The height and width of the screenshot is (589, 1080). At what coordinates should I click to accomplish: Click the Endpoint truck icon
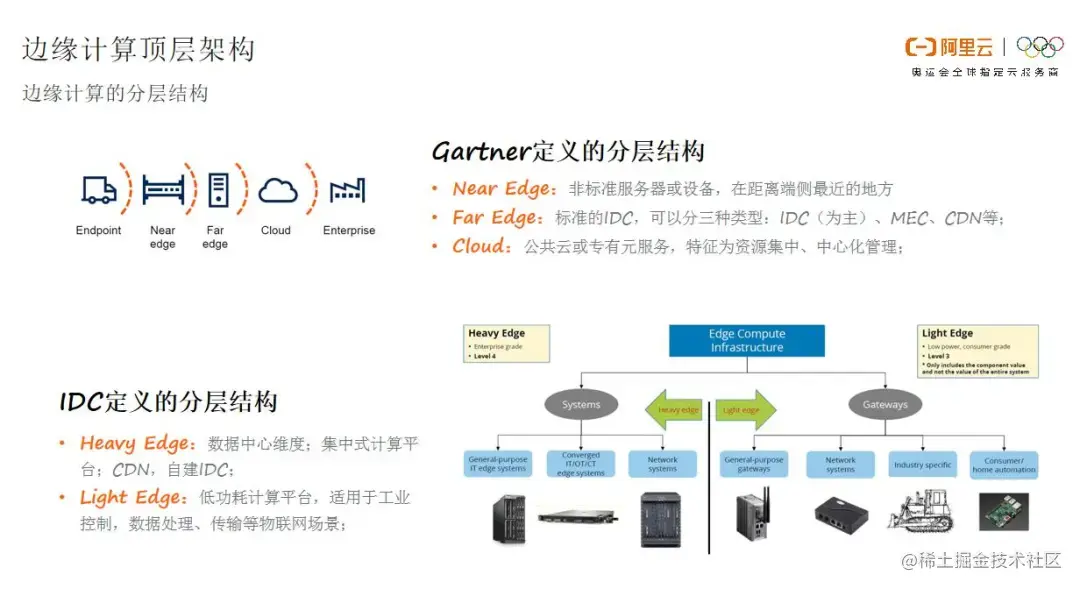98,190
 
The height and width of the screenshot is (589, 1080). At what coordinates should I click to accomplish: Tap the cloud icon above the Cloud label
277,190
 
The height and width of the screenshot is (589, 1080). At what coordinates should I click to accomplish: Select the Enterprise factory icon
347,190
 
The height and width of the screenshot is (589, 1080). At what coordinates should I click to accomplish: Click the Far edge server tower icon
216,189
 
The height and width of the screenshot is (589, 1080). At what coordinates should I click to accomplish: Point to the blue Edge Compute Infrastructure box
747,341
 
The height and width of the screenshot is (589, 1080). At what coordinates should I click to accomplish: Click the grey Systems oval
581,405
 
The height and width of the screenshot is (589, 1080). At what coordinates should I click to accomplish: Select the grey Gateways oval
885,405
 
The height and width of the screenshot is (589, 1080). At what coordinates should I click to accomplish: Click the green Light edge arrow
745,409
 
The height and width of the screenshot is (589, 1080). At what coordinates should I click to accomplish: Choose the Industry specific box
923,464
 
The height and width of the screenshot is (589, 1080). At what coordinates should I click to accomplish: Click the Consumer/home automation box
1003,464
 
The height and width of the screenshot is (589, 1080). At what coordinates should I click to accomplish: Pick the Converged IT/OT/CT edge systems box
581,464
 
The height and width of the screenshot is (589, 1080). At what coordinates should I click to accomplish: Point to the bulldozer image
923,512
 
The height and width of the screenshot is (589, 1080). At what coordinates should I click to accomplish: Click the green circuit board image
1003,512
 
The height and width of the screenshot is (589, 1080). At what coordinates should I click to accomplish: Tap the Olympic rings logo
1040,47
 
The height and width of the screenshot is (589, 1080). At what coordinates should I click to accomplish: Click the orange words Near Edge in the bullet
501,189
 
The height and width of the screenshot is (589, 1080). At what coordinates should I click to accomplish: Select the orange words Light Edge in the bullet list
132,497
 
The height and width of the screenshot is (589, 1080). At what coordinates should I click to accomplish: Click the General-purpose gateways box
753,464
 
